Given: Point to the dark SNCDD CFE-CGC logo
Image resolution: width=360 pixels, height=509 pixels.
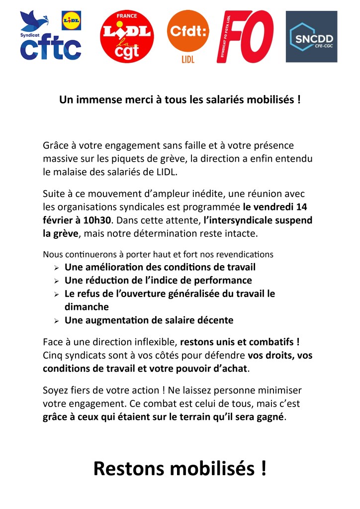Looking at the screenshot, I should click(x=311, y=37).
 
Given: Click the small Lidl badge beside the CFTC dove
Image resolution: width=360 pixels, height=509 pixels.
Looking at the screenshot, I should click(x=71, y=20).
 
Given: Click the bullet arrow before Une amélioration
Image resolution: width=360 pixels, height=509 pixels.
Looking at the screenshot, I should click(x=57, y=268).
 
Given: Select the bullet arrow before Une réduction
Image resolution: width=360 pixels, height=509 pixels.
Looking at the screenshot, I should click(x=57, y=281).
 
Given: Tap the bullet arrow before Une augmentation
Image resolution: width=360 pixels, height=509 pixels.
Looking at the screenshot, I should click(x=57, y=321).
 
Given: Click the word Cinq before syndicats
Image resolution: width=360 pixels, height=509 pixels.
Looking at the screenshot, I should click(x=53, y=356).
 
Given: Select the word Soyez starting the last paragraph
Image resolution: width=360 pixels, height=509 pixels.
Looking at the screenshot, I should click(x=56, y=390).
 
